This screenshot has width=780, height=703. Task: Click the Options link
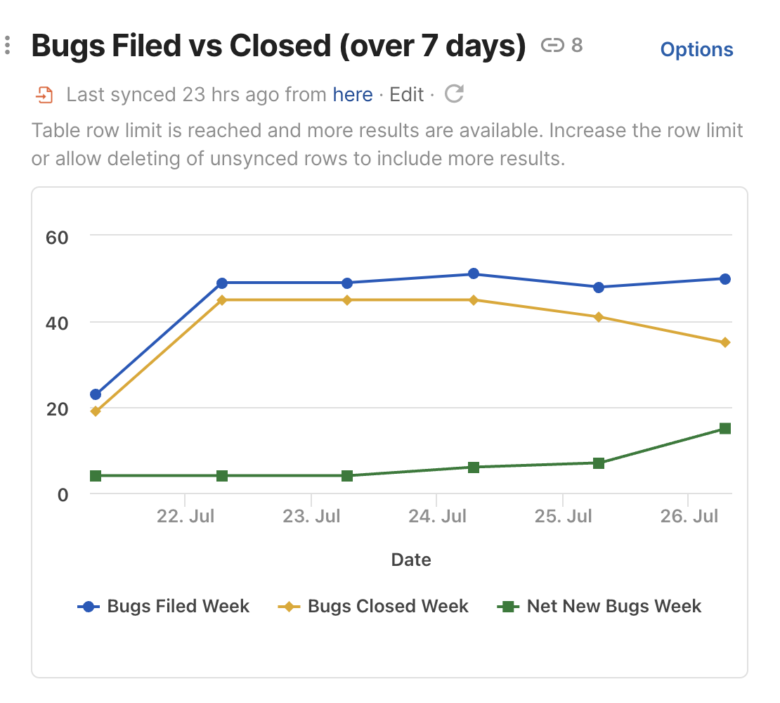click(696, 50)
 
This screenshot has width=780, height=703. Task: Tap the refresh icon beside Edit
click(455, 93)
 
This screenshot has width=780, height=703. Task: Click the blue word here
click(353, 94)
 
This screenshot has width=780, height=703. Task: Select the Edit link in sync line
click(407, 94)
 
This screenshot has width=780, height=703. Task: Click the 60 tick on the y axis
click(57, 237)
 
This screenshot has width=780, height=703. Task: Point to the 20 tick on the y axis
click(57, 408)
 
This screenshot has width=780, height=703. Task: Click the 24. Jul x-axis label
click(437, 517)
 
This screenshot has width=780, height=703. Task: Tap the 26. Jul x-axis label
click(689, 517)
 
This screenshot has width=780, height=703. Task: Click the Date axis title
click(411, 560)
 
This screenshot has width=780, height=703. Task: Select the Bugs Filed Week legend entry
click(164, 607)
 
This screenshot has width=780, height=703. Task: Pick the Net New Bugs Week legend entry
click(599, 607)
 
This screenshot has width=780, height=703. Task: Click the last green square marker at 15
click(725, 429)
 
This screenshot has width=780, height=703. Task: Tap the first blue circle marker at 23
click(96, 394)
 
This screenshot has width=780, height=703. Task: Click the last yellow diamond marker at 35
click(725, 342)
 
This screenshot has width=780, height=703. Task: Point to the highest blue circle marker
click(474, 273)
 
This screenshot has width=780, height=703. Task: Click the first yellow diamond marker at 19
click(96, 411)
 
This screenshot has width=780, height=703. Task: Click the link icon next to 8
click(552, 46)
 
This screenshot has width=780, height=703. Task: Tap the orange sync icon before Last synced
click(44, 94)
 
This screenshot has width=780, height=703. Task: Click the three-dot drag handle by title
click(7, 46)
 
